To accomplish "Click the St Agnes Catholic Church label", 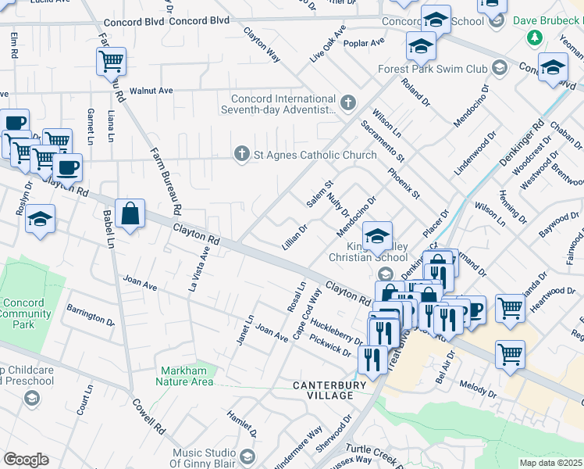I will click(x=315, y=155).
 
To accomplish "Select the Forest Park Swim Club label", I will click(x=443, y=69).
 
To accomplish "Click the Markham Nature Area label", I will click(x=187, y=376).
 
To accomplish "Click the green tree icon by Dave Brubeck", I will click(x=535, y=38).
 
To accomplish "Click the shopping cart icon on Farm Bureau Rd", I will click(x=111, y=61).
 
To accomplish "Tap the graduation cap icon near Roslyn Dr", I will click(x=41, y=220).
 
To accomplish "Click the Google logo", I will click(x=26, y=460).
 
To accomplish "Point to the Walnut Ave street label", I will click(x=151, y=91).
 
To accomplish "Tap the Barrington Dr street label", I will click(x=90, y=317).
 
